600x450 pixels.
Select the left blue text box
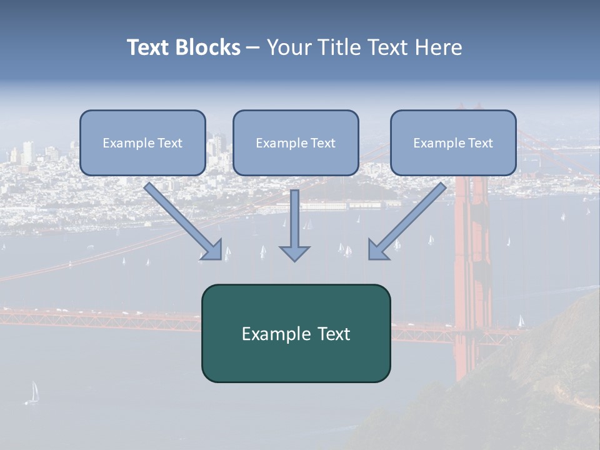point(142,143)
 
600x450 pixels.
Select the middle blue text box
point(296,143)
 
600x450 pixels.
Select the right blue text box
point(453,143)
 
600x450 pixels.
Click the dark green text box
point(296,334)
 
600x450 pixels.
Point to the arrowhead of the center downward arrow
point(294,252)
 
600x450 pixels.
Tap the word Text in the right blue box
point(480,143)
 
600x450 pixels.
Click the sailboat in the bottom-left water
point(32,393)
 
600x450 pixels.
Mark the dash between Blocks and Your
point(253,48)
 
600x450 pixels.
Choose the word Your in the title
point(289,47)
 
